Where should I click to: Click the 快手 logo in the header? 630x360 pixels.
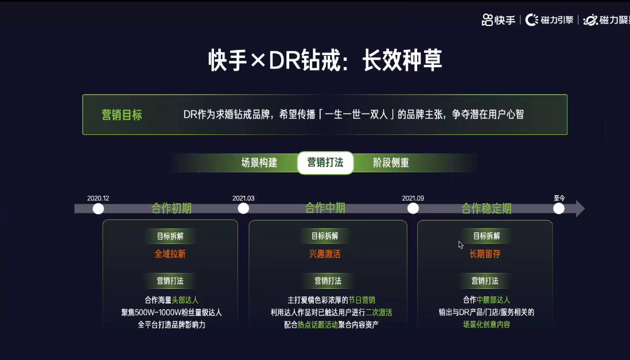point(499,20)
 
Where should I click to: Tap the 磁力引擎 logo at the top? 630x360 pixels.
point(550,20)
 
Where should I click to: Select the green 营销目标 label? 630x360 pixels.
point(122,115)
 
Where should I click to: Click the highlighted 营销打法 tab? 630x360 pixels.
point(325,162)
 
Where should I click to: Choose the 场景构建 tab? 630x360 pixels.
point(259,163)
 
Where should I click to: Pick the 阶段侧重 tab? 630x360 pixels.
point(391,163)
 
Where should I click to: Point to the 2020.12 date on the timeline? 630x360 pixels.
point(98,198)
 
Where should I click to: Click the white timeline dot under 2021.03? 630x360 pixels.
point(243,208)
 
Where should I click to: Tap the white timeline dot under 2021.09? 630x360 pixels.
point(413,208)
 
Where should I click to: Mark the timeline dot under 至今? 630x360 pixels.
point(559,208)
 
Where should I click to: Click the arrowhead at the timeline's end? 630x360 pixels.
point(580,208)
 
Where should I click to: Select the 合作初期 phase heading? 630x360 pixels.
point(172,208)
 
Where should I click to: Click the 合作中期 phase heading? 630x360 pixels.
point(325,208)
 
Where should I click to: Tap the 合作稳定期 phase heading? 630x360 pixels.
point(487,208)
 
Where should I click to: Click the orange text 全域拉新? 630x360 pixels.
point(170,254)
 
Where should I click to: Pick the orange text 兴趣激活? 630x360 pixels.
point(325,254)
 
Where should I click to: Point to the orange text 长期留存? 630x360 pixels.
point(485,254)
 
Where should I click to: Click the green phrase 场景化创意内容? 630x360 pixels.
point(487,325)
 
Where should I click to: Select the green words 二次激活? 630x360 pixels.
point(379,312)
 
